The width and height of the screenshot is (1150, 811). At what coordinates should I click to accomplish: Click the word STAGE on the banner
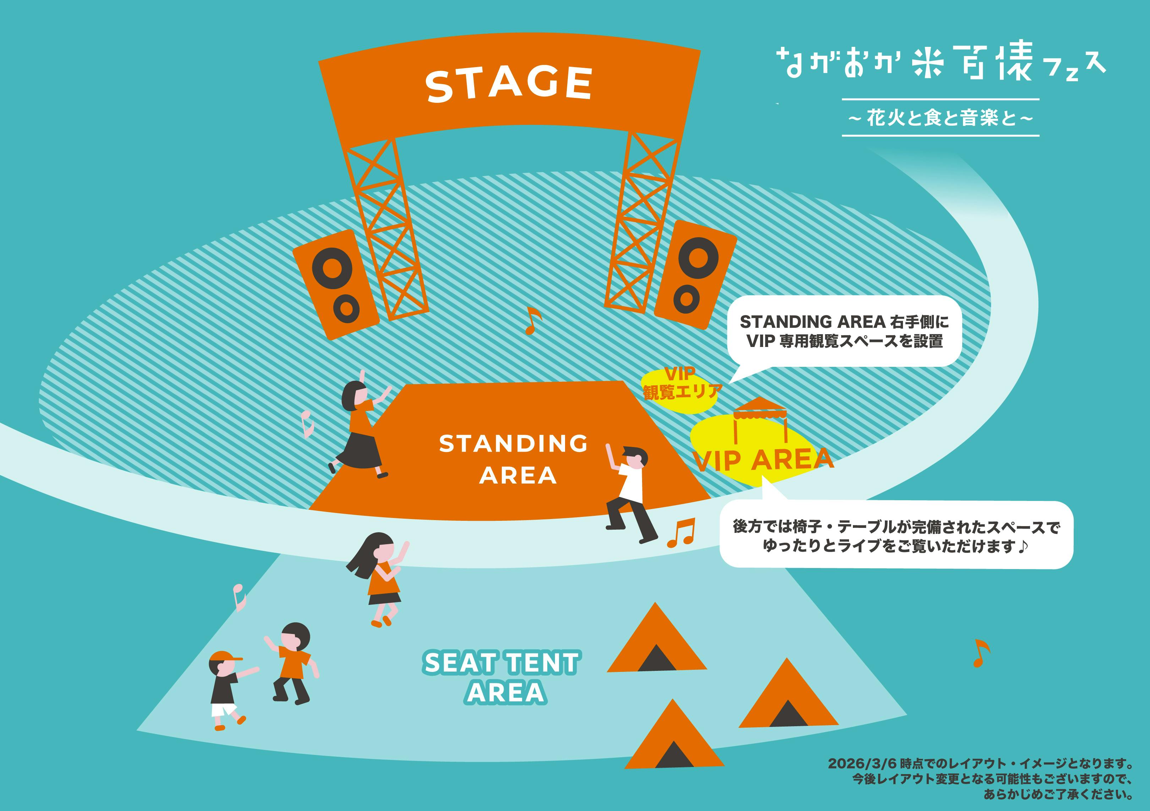click(509, 84)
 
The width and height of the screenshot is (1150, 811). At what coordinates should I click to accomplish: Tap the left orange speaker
click(335, 284)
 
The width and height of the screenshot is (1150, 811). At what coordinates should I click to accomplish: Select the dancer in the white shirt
click(630, 493)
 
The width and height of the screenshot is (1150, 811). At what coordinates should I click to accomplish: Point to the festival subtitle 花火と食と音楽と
click(941, 118)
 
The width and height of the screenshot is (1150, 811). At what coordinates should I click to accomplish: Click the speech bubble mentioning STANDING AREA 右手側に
click(844, 331)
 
